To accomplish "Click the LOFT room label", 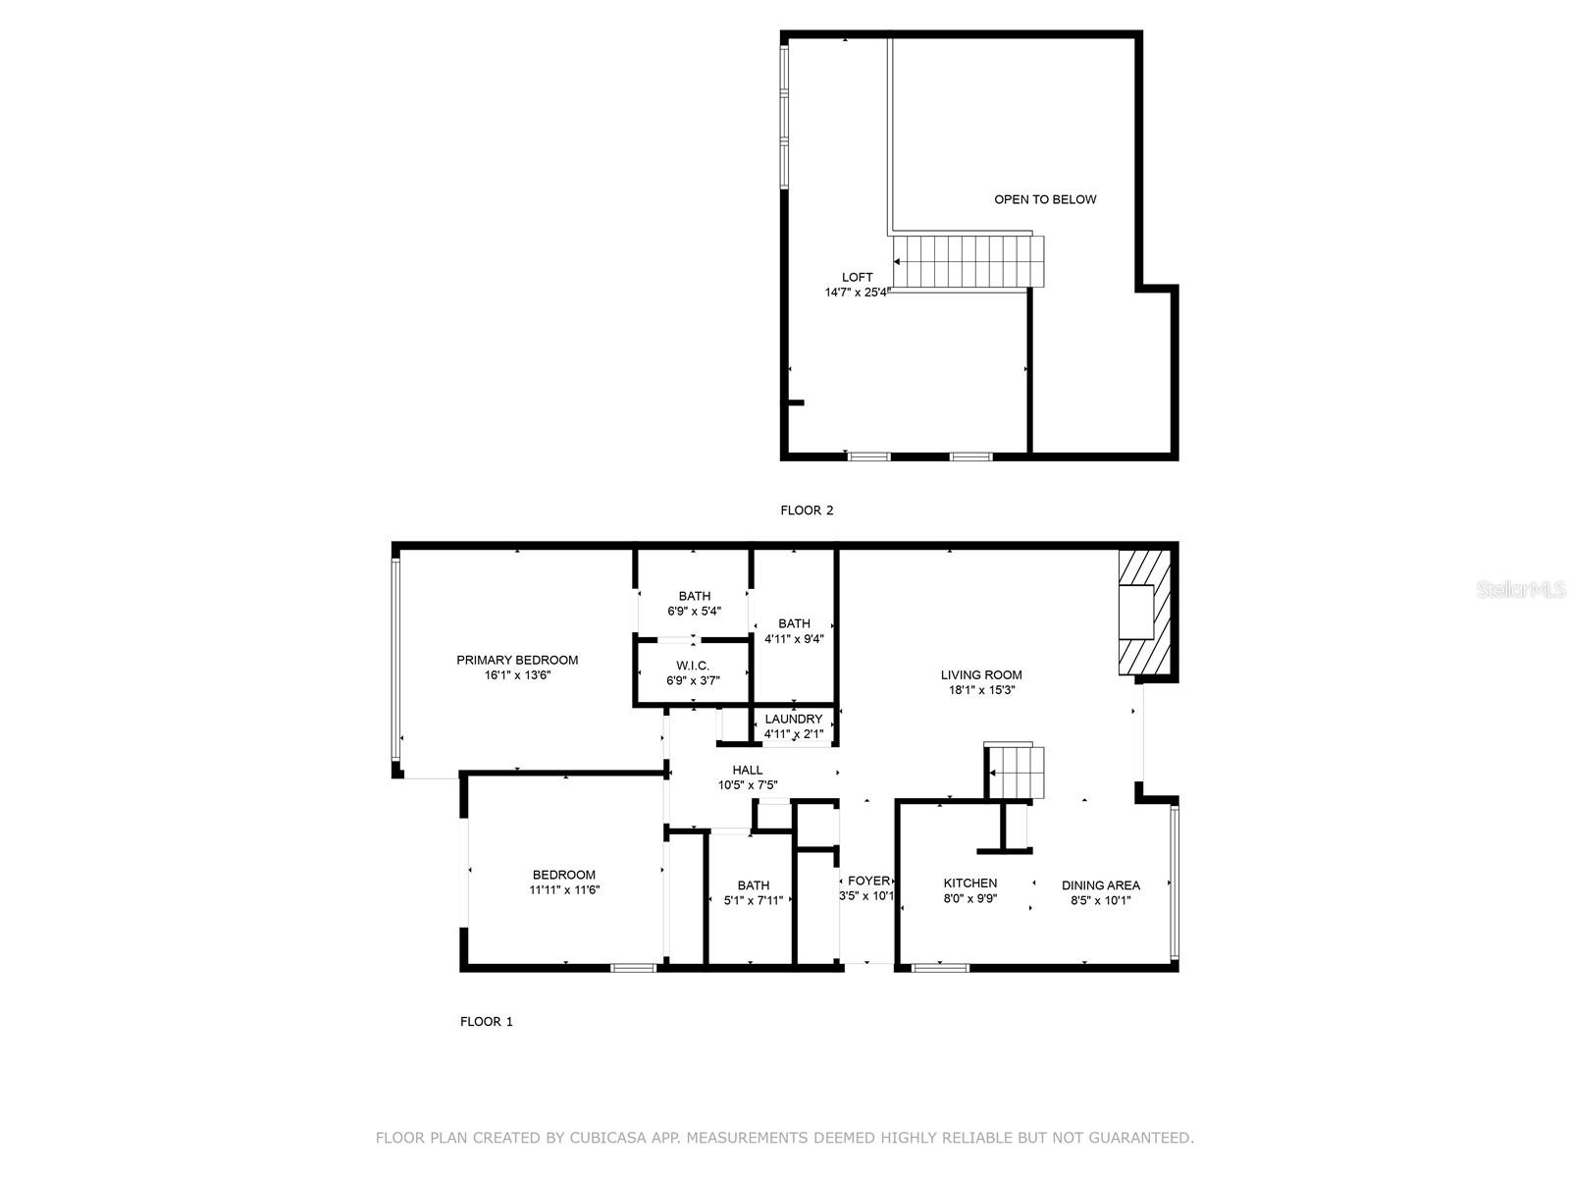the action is (x=857, y=278).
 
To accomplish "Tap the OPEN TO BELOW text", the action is (x=1044, y=199).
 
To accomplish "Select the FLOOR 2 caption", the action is (x=807, y=509).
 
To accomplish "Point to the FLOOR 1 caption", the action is (x=486, y=1021).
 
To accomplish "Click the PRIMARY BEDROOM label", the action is (x=517, y=660).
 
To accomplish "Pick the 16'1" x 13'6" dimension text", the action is (x=517, y=675).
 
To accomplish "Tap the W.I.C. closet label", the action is (x=693, y=666).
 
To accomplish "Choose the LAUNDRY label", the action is (x=793, y=719).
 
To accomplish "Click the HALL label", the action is (x=747, y=770).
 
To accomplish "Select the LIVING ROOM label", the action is (x=980, y=674).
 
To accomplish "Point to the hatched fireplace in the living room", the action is (x=1144, y=612).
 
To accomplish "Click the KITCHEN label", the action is (x=969, y=883).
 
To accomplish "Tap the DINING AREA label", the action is (x=1100, y=884).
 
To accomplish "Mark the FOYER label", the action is (x=868, y=881).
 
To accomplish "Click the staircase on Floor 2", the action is (x=968, y=262).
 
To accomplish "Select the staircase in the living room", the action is (x=1015, y=772).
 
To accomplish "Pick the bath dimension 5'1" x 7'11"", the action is (x=753, y=900).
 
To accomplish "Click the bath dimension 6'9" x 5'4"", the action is (x=694, y=612).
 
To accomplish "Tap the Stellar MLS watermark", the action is (x=1520, y=589).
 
